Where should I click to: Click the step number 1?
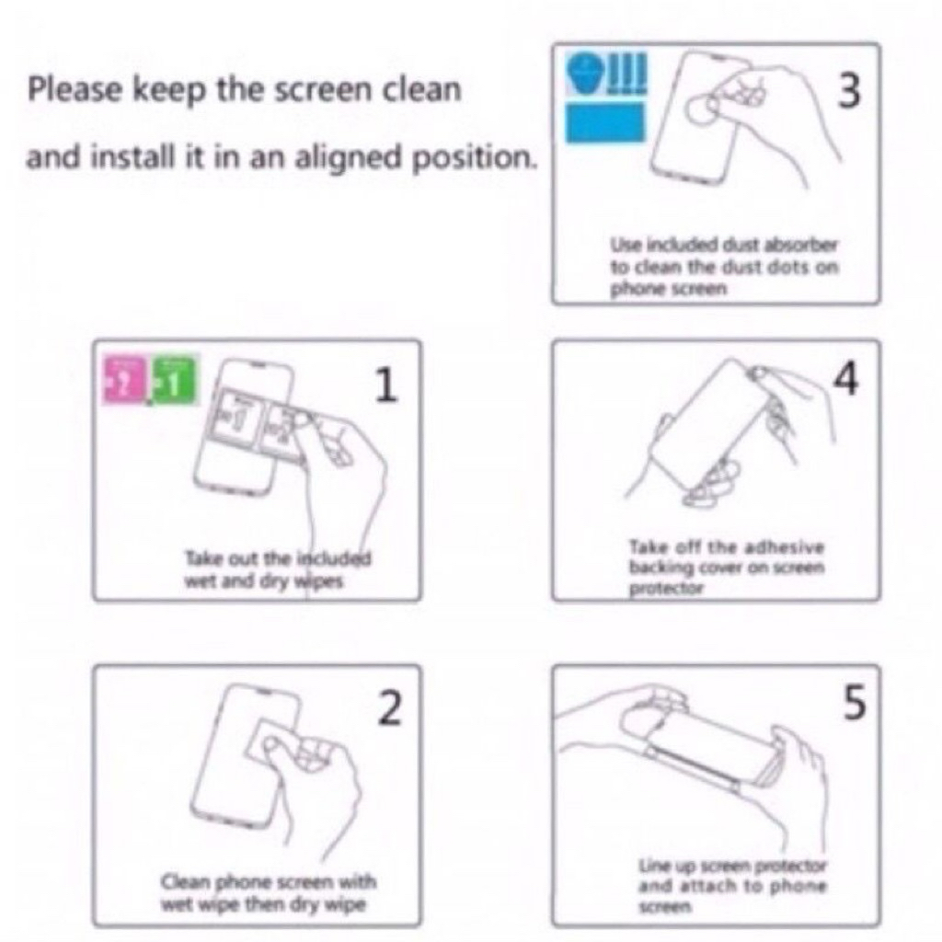(x=386, y=385)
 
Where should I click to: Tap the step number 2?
(x=390, y=707)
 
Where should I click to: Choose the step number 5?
(x=855, y=702)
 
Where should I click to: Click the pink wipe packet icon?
(x=124, y=380)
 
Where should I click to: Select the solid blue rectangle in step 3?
(x=605, y=122)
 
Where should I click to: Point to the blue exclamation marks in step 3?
(x=627, y=72)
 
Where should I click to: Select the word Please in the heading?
(x=75, y=89)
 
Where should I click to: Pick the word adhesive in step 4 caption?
(x=784, y=547)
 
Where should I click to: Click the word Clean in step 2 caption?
(x=185, y=882)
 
